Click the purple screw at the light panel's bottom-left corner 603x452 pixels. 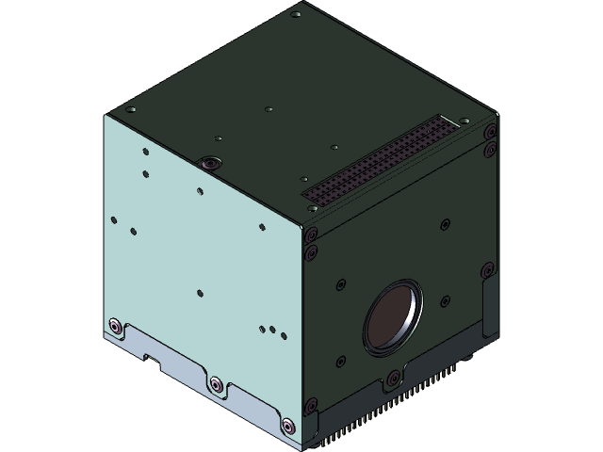[x=115, y=326]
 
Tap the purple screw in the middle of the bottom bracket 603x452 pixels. [x=216, y=384]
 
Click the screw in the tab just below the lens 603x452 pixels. [x=391, y=380]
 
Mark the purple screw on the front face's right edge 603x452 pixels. [x=487, y=272]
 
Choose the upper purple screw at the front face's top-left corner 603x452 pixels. [x=311, y=234]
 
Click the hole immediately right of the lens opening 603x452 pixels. [x=442, y=301]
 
